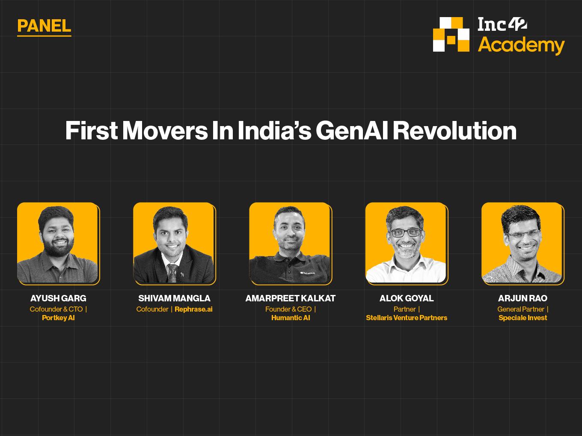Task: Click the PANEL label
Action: pyautogui.click(x=44, y=26)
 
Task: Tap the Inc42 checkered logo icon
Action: pyautogui.click(x=451, y=35)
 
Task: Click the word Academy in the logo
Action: pyautogui.click(x=521, y=45)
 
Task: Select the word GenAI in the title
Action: pyautogui.click(x=352, y=130)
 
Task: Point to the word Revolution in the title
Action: pyautogui.click(x=454, y=130)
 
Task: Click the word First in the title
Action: pyautogui.click(x=92, y=130)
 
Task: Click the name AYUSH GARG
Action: pyautogui.click(x=58, y=298)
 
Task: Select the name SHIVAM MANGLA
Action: pyautogui.click(x=174, y=298)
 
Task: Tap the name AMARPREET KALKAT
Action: pyautogui.click(x=291, y=298)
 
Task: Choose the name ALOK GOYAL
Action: pyautogui.click(x=407, y=298)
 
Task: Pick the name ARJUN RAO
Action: pyautogui.click(x=523, y=298)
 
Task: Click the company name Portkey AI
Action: pyautogui.click(x=58, y=318)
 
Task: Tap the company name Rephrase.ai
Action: pyautogui.click(x=193, y=309)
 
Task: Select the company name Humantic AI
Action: pyautogui.click(x=291, y=318)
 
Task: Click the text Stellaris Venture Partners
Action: pyautogui.click(x=407, y=318)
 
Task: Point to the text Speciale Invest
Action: pyautogui.click(x=523, y=318)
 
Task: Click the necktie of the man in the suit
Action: pyautogui.click(x=172, y=273)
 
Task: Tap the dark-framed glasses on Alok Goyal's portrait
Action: pyautogui.click(x=405, y=233)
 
